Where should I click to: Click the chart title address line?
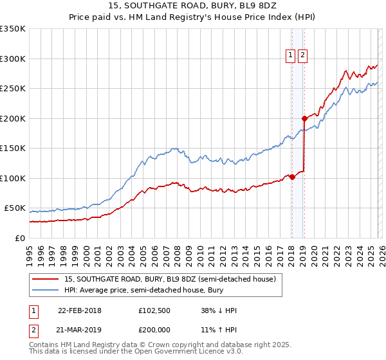click(x=192, y=6)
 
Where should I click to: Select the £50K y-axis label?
click(x=15, y=208)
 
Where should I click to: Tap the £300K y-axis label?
click(x=13, y=59)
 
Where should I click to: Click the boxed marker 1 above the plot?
click(x=291, y=56)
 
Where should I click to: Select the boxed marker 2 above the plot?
click(x=302, y=56)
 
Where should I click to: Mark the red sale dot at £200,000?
click(x=304, y=118)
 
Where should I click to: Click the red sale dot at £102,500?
click(x=292, y=177)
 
